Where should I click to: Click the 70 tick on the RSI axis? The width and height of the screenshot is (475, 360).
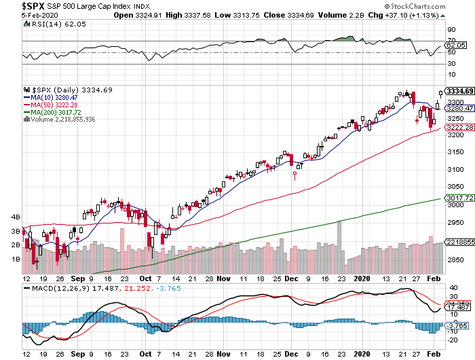point(450,31)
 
